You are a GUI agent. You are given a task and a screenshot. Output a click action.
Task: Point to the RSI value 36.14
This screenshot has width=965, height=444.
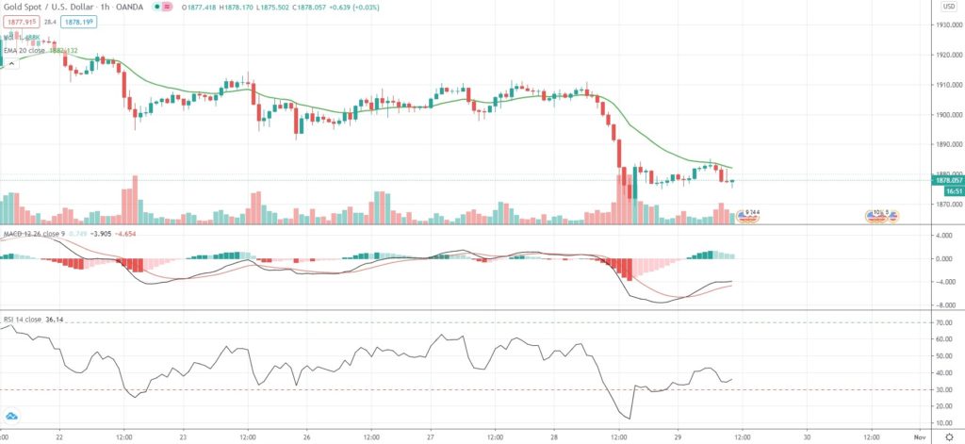pos(57,320)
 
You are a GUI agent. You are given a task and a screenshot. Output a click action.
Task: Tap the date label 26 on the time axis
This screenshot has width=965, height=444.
pos(307,437)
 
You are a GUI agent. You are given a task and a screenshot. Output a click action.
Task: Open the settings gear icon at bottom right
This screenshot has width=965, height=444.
pos(949,437)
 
